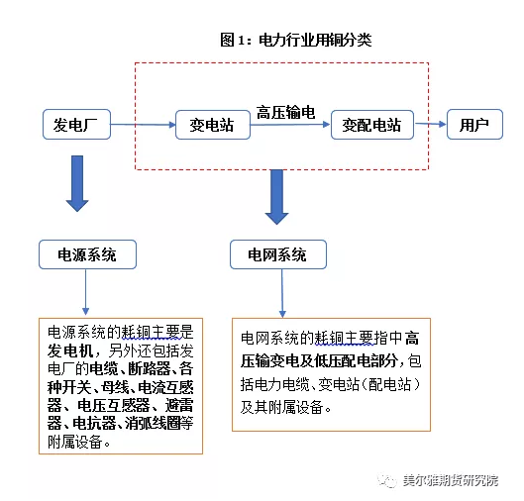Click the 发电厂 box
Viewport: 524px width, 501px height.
[x=77, y=124]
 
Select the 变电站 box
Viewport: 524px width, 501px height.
[x=213, y=125]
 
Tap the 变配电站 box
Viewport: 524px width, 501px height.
[x=372, y=125]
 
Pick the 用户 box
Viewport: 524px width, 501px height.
[x=474, y=124]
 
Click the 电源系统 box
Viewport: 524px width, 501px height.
[x=87, y=254]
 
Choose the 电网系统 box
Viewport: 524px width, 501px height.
[x=278, y=254]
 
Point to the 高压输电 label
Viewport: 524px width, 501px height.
[x=285, y=112]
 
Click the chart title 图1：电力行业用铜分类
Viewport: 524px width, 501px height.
[x=296, y=40]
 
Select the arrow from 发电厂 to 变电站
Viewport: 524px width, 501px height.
[x=144, y=125]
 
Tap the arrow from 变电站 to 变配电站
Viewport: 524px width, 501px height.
[x=290, y=125]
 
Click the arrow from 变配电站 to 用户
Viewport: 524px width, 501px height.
[x=431, y=124]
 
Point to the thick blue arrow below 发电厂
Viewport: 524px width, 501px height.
[x=77, y=183]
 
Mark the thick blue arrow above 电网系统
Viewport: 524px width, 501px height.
[x=276, y=197]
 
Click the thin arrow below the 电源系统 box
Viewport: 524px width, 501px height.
[x=85, y=292]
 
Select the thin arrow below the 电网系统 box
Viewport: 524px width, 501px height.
[x=282, y=293]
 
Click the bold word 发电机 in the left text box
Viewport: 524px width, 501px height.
[x=70, y=351]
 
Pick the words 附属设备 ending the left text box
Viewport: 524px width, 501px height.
[x=75, y=442]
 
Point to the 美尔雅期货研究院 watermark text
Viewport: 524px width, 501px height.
[x=451, y=480]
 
